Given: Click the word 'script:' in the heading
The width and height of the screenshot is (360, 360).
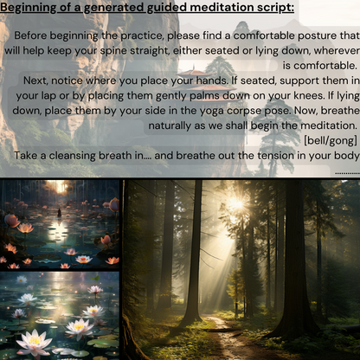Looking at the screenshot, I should click(x=268, y=9).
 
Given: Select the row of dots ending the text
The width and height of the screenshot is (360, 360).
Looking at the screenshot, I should click(x=346, y=172).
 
